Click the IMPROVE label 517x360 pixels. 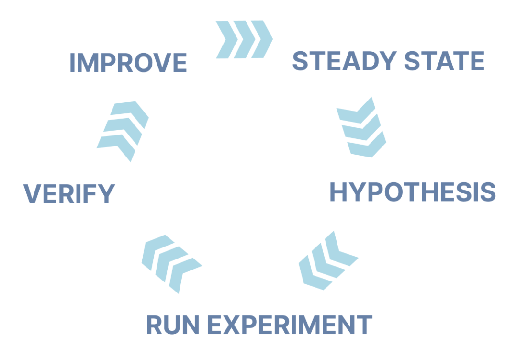point(128,63)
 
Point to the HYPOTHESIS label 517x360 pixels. point(413,192)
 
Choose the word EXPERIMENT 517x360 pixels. point(291,325)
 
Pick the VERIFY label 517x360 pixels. point(69,194)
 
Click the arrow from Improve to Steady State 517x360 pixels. point(244,39)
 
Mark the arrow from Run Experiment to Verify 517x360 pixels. point(171,263)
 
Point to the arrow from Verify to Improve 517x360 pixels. point(123,130)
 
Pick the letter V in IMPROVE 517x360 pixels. point(160,63)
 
